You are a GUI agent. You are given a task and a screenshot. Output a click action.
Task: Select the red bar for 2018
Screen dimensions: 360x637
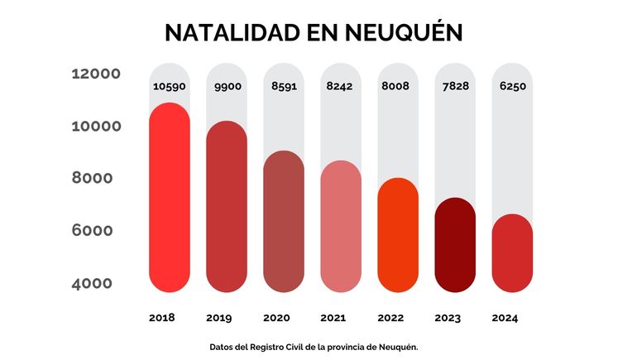point(170,199)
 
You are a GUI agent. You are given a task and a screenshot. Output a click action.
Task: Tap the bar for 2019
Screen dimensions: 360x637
point(227,207)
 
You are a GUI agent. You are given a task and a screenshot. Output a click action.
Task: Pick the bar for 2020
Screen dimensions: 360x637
point(284,222)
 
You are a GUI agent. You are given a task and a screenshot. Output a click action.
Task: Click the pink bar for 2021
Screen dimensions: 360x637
point(341,227)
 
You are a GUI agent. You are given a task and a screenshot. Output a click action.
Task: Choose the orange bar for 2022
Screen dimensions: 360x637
point(398,235)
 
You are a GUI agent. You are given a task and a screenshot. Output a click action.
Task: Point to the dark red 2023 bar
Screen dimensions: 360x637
point(455,245)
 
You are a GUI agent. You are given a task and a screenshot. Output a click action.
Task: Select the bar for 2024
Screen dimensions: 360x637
point(512,253)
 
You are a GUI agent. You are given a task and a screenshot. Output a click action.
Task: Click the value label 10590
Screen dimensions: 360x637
point(169,86)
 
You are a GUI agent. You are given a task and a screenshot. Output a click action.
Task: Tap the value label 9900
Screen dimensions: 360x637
point(227,86)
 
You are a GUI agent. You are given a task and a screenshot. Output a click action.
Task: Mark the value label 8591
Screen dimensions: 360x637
point(284,86)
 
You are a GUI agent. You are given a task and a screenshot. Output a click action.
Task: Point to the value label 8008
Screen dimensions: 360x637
point(398,86)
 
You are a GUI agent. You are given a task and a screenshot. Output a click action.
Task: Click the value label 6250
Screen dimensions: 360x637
point(512,86)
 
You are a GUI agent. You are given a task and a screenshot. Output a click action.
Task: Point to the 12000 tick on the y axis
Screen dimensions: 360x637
point(97,74)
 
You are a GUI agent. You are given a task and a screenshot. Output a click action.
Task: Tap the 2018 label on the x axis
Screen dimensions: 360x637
point(162,318)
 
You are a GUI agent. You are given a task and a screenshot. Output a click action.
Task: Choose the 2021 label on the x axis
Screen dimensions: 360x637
point(333,318)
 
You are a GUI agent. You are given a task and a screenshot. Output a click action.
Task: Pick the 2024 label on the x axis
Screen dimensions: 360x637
point(505,318)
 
